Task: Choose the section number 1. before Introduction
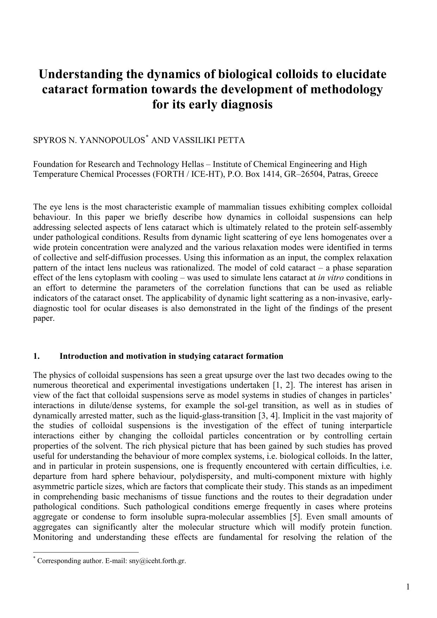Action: pos(36,356)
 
